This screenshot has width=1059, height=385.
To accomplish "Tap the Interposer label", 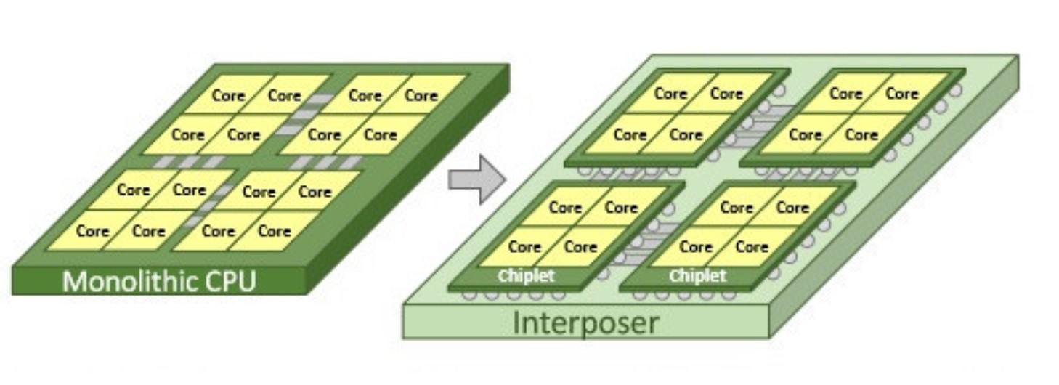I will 585,323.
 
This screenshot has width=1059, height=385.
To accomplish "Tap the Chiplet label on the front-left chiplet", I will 526,276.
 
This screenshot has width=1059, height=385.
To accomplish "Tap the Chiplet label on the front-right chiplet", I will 697,276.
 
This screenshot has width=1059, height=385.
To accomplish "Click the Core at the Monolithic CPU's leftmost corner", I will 92,231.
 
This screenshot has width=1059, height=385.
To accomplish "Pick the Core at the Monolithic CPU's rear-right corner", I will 421,95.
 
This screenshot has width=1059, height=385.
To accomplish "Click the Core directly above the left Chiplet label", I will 524,246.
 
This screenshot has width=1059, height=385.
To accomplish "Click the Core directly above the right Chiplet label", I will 695,246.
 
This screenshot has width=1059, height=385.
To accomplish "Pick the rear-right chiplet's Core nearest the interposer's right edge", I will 901,94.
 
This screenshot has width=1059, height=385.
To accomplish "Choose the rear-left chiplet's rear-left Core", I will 670,94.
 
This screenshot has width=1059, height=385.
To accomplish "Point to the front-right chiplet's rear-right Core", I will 792,208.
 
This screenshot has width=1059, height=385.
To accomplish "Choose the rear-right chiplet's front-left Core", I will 805,134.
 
